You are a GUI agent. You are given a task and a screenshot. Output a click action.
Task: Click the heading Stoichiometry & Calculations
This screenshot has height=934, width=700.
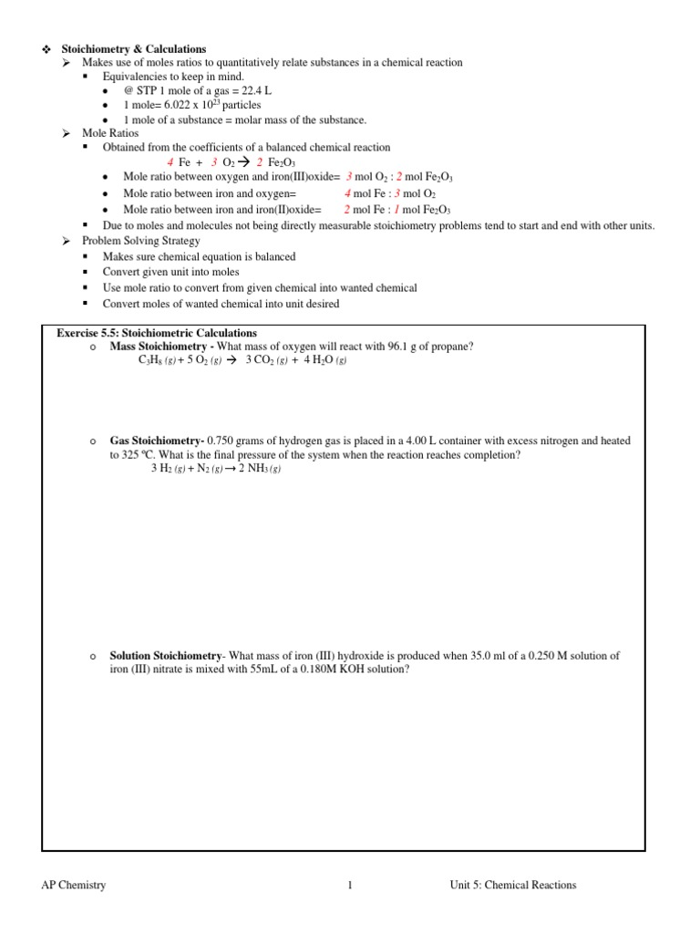(133, 49)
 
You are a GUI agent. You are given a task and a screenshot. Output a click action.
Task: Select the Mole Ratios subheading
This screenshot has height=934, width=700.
(110, 133)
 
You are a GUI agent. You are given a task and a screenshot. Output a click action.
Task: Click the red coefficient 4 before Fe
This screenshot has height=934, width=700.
(170, 162)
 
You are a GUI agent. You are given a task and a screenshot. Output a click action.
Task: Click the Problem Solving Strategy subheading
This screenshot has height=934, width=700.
(141, 241)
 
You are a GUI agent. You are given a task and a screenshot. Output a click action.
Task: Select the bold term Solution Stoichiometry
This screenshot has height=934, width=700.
(165, 656)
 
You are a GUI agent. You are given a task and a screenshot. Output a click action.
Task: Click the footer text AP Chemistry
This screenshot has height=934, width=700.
(74, 885)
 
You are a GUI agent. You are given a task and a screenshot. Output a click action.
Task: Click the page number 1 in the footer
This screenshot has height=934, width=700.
(349, 885)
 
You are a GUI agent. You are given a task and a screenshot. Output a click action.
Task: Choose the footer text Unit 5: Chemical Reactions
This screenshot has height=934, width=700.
(512, 885)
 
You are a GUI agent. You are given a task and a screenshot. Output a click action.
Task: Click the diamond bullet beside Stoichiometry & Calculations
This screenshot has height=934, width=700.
(45, 49)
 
